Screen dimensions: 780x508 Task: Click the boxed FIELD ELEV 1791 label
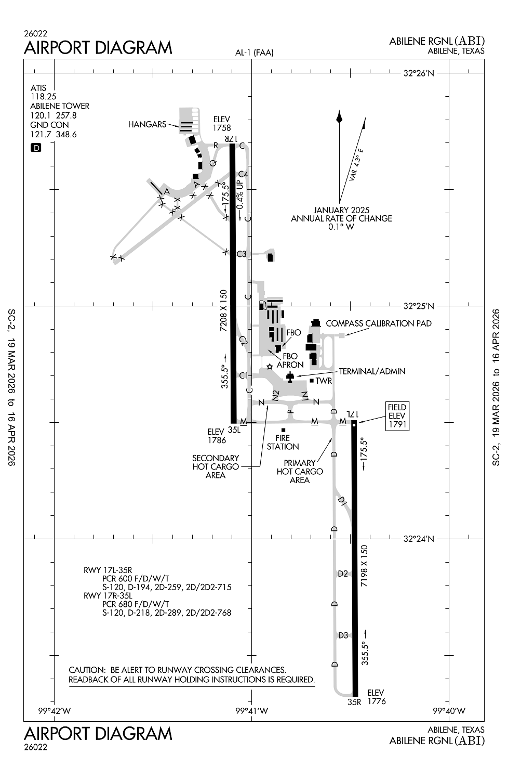(x=397, y=415)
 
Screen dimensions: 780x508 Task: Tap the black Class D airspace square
(x=36, y=148)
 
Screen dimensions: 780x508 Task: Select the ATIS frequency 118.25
(x=44, y=97)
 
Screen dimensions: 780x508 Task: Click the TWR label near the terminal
(x=323, y=381)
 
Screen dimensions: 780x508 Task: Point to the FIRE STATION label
(x=283, y=443)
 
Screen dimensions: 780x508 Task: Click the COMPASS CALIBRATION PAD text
(x=379, y=323)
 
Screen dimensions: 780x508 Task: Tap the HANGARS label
(x=147, y=125)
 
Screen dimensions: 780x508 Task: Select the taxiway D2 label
(x=343, y=574)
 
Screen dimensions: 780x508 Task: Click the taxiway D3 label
(x=343, y=635)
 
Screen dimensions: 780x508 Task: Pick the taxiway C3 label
(x=242, y=254)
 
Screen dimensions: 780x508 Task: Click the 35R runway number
(x=354, y=702)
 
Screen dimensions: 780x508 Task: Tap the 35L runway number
(x=234, y=430)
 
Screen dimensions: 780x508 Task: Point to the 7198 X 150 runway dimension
(x=364, y=566)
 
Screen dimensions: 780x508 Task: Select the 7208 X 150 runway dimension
(x=224, y=311)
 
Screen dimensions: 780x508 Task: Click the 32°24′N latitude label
(x=418, y=539)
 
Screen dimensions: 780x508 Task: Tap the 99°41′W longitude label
(x=252, y=711)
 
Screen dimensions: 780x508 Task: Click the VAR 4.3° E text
(x=356, y=164)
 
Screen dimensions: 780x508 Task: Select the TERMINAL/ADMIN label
(x=372, y=371)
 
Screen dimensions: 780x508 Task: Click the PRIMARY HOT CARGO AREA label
(x=300, y=472)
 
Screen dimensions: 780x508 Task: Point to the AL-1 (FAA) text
(x=254, y=53)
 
